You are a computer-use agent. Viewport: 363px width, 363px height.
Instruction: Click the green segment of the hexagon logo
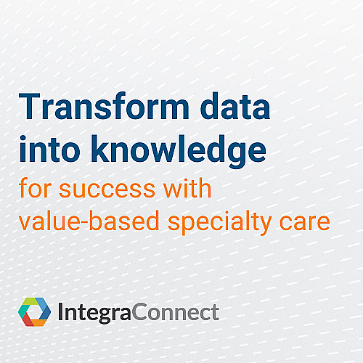point(30,302)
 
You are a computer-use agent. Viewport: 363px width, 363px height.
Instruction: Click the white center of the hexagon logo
point(33,312)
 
